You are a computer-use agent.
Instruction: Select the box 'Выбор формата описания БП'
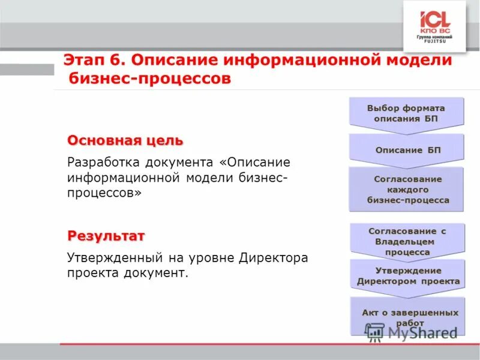406,113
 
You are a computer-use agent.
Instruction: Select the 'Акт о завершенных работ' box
410,317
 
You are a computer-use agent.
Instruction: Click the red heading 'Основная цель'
125,140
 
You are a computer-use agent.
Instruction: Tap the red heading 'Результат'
106,235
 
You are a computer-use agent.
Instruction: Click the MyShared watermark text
422,332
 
